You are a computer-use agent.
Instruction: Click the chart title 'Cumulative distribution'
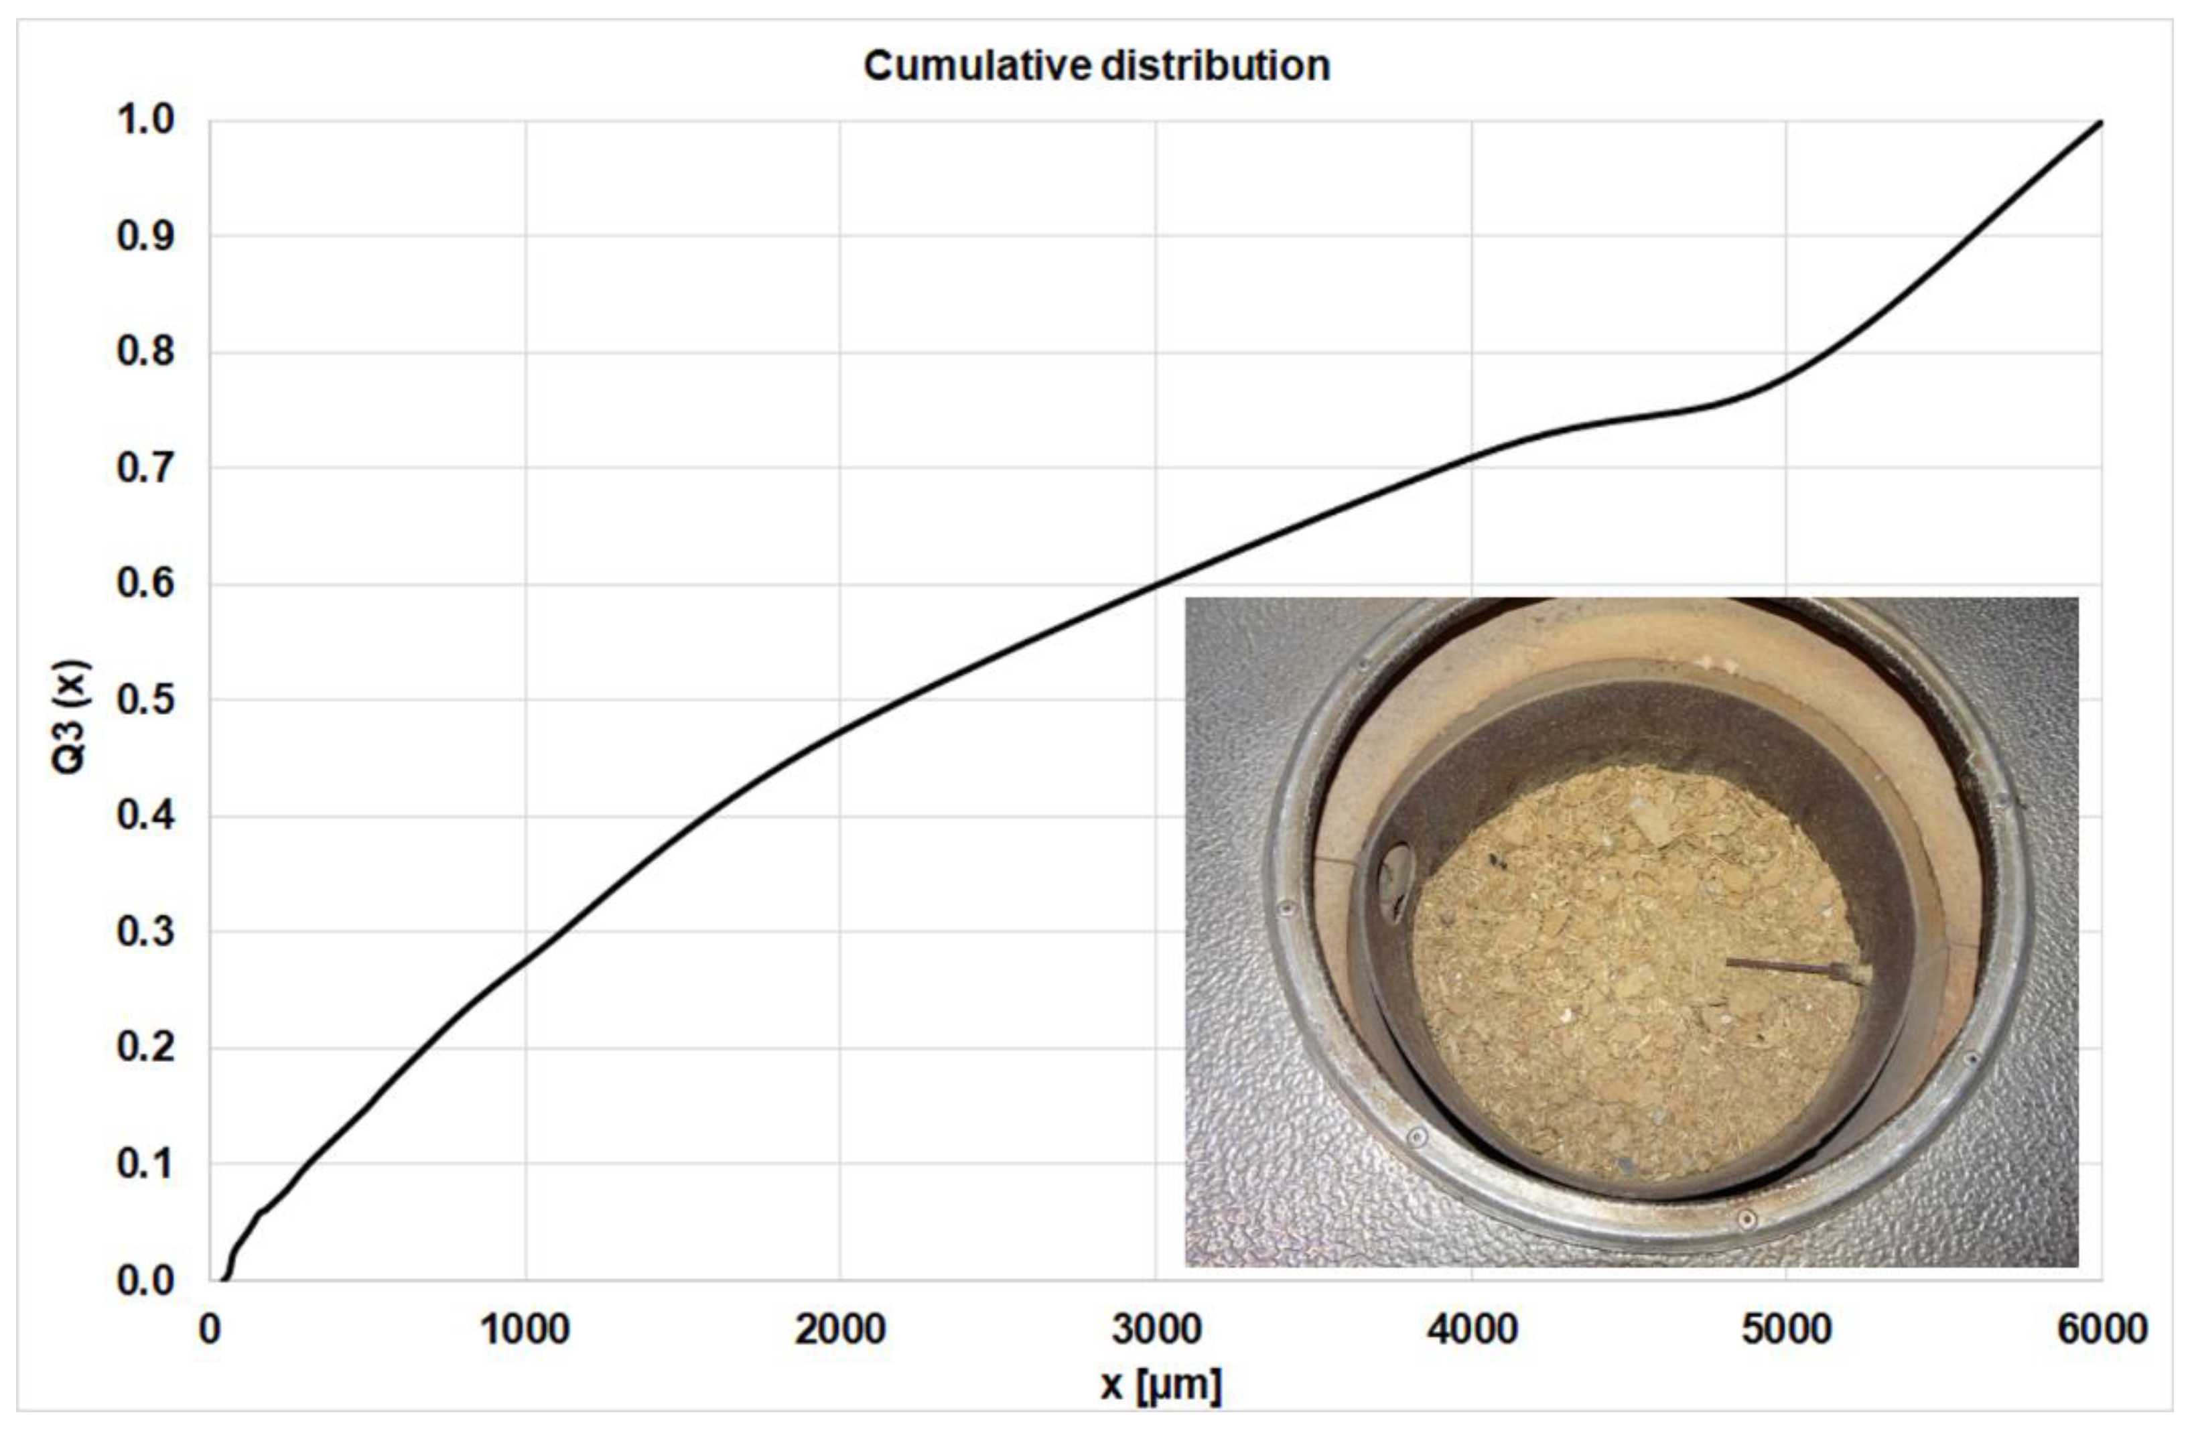pyautogui.click(x=1096, y=66)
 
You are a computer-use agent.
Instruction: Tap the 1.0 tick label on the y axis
pyautogui.click(x=145, y=120)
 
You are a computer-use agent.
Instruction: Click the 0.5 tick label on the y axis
pyautogui.click(x=145, y=700)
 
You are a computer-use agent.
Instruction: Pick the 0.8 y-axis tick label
pyautogui.click(x=145, y=352)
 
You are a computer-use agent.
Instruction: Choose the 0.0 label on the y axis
pyautogui.click(x=145, y=1280)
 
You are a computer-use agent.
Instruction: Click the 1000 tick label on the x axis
pyautogui.click(x=525, y=1330)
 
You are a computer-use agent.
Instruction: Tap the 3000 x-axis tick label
pyautogui.click(x=1156, y=1330)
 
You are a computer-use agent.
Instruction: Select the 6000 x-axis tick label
pyautogui.click(x=2102, y=1330)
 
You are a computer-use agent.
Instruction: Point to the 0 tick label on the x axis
pyautogui.click(x=210, y=1330)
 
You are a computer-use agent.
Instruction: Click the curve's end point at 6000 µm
pyautogui.click(x=2100, y=121)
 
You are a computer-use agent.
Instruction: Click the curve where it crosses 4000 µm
pyautogui.click(x=1471, y=458)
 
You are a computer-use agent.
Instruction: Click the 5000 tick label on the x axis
pyautogui.click(x=1786, y=1330)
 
